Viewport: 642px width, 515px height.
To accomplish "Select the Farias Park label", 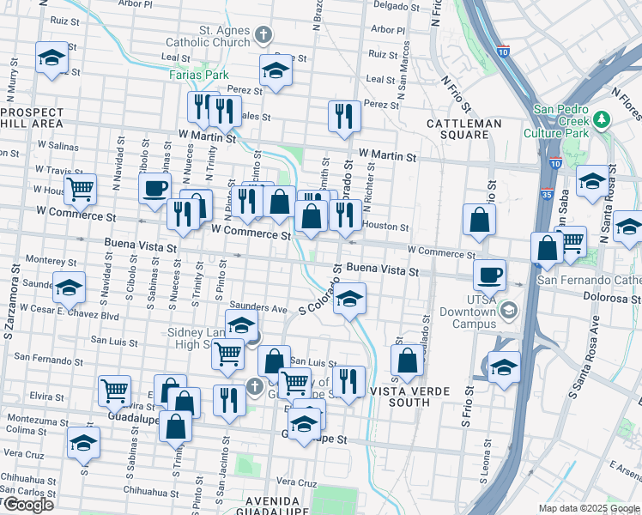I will [x=198, y=75].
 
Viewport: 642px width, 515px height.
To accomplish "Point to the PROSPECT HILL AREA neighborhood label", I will [x=32, y=118].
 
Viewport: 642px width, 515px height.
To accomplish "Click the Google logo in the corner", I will [x=27, y=504].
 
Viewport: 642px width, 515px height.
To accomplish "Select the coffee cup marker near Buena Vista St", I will [x=489, y=275].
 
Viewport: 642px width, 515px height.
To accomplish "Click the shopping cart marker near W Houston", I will [x=80, y=188].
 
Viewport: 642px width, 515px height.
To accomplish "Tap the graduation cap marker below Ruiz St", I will [x=51, y=58].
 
